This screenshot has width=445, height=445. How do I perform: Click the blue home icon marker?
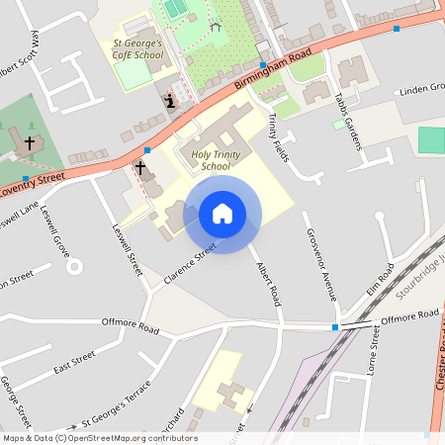tap(222, 214)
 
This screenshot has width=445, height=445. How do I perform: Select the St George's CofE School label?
tap(137, 48)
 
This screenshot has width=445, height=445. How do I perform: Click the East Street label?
tap(74, 361)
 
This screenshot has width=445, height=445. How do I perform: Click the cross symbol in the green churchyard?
tap(30, 142)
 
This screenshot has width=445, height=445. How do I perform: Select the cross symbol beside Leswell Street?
tap(140, 167)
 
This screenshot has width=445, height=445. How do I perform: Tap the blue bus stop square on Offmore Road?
tap(335, 326)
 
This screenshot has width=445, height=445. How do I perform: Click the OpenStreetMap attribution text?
tap(99, 438)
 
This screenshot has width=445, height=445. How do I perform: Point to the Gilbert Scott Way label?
tap(21, 59)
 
